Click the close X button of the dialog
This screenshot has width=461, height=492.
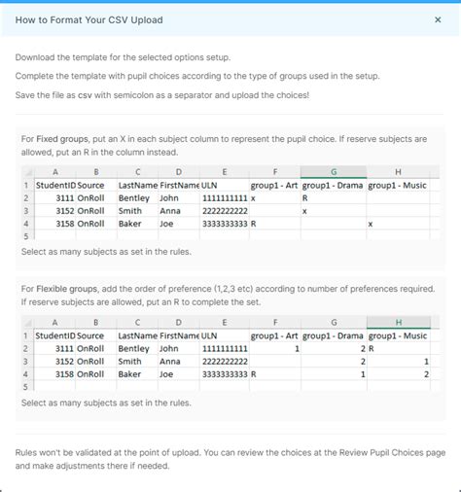pyautogui.click(x=437, y=19)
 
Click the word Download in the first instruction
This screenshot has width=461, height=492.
pyautogui.click(x=40, y=56)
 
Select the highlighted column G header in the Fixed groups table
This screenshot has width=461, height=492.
pyautogui.click(x=334, y=171)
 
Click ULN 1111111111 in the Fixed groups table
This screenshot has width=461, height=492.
pyautogui.click(x=225, y=197)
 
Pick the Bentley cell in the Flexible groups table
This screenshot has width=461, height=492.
pyautogui.click(x=134, y=348)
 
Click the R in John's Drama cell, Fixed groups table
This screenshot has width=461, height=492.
pyautogui.click(x=305, y=197)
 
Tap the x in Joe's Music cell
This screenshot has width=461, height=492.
pyautogui.click(x=371, y=224)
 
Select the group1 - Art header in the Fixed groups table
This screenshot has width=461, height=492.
pyautogui.click(x=274, y=185)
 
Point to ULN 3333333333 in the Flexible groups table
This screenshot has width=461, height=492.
pyautogui.click(x=225, y=373)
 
